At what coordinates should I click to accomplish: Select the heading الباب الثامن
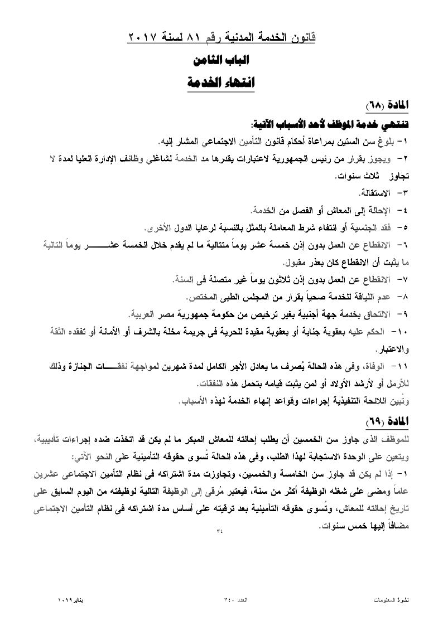pyautogui.click(x=222, y=60)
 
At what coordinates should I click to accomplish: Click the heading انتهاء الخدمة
pyautogui.click(x=222, y=83)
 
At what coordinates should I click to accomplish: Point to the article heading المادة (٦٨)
pyautogui.click(x=388, y=105)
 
